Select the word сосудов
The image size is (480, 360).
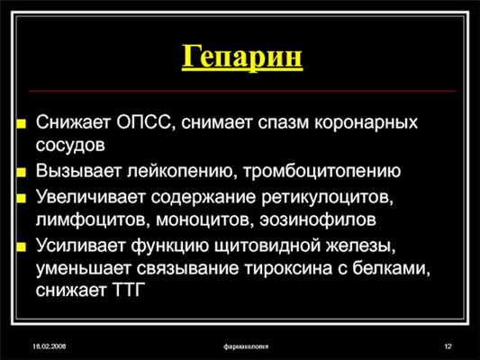(71, 144)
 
